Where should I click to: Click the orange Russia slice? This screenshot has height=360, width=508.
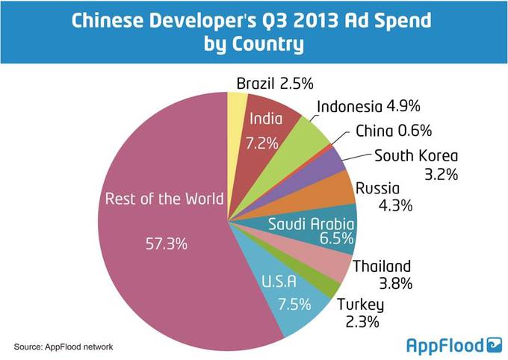click(337, 190)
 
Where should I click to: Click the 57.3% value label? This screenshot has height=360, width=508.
click(166, 245)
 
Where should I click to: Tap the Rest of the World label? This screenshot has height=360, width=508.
click(164, 199)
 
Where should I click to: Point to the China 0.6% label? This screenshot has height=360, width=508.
click(393, 131)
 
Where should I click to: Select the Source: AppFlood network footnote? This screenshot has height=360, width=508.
click(63, 347)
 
